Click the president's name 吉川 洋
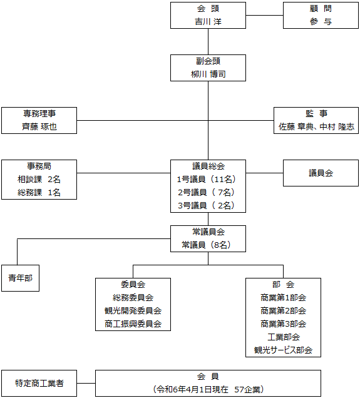[x=208, y=22]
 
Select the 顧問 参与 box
[x=321, y=15]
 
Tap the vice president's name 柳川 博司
[x=208, y=74]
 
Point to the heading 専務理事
[x=39, y=113]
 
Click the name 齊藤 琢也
[x=39, y=126]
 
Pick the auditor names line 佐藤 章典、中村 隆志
[x=316, y=126]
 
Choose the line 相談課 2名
[x=39, y=180]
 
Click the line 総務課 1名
[x=39, y=193]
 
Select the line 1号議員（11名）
[x=207, y=180]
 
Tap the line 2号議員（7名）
[x=207, y=192]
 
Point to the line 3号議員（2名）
[x=207, y=206]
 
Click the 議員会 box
[x=321, y=173]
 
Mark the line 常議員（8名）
[x=207, y=245]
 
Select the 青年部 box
[x=20, y=278]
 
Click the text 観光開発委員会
[x=133, y=310]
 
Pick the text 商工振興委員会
[x=133, y=324]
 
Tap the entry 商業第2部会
[x=283, y=310]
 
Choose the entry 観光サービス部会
[x=283, y=350]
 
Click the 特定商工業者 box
[x=39, y=383]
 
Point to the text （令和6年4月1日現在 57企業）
[x=208, y=390]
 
